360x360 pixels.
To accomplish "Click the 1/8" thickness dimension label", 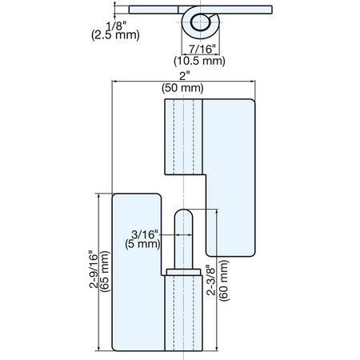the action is (116, 26).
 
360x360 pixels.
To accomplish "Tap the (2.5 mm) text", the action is (115, 35).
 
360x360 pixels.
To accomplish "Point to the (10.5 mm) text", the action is (199, 61).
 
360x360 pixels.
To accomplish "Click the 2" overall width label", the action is (184, 76).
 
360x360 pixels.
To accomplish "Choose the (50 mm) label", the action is (182, 88).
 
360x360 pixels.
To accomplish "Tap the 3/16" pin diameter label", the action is (145, 234).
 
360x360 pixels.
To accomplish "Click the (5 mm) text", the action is (142, 244).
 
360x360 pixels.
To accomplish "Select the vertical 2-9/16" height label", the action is (94, 270).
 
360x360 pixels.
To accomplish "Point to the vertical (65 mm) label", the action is (106, 271).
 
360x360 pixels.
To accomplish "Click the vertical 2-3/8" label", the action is (211, 280).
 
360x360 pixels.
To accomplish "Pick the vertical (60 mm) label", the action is (224, 281).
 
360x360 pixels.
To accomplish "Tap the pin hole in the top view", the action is (199, 22).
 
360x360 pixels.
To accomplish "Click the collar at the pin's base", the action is (183, 272).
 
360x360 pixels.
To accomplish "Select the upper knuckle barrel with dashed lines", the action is (183, 137).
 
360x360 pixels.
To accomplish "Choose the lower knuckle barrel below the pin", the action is (183, 313).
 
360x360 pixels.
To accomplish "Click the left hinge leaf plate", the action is (137, 272).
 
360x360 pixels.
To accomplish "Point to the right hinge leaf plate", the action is (230, 178).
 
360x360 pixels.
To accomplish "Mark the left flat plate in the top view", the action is (154, 10).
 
